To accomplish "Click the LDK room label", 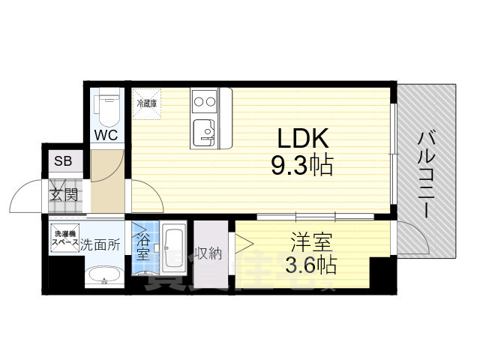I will coord(302,138).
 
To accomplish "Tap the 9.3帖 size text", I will coord(302,164).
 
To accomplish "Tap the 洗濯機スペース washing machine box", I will coord(64,239).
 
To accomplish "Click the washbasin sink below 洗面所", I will coord(103,277).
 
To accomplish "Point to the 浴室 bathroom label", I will coord(142,247).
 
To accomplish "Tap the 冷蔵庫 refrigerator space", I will coord(146,103).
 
